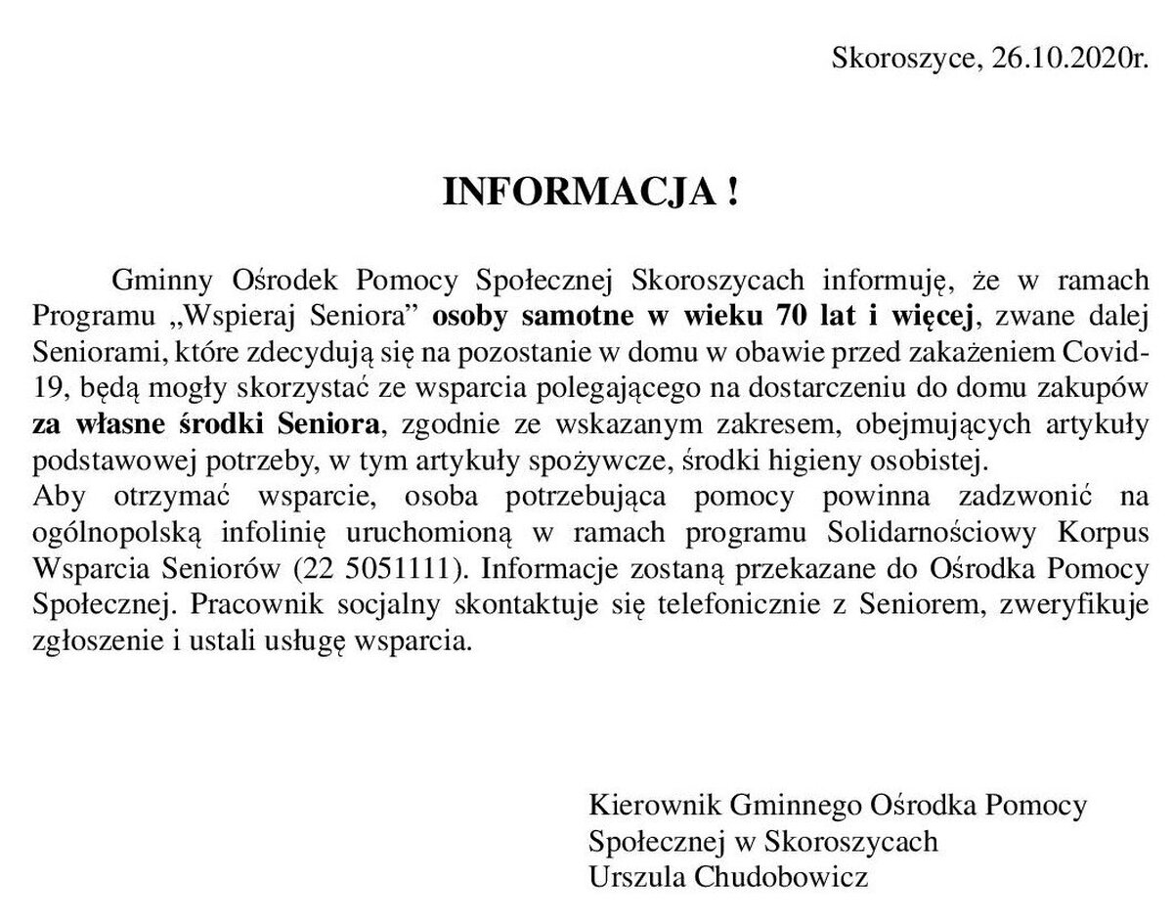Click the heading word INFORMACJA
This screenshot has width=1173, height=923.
pyautogui.click(x=580, y=193)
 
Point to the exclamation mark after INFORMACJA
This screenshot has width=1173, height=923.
pyautogui.click(x=732, y=193)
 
